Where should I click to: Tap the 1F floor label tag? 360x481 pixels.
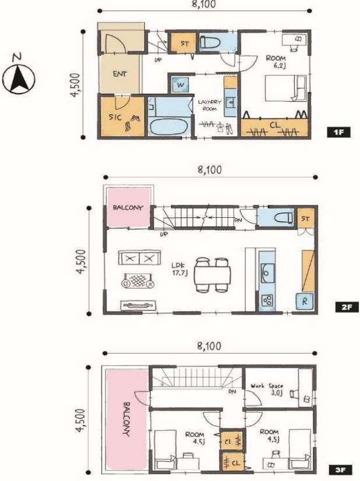click(338, 133)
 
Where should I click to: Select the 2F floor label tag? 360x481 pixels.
click(347, 307)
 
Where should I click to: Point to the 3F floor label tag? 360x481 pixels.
click(340, 470)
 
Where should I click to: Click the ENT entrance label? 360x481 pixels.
click(119, 74)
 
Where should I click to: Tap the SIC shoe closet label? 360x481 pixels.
click(115, 117)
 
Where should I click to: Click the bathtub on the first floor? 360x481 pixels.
click(168, 127)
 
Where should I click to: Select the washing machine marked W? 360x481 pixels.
click(181, 84)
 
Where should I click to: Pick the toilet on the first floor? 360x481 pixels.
click(210, 42)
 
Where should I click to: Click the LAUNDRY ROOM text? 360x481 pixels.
click(209, 105)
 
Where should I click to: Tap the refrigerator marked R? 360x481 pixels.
click(304, 301)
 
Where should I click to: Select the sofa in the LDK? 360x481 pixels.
click(139, 258)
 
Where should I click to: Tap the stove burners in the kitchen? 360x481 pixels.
click(267, 300)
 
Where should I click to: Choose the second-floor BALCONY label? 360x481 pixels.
click(128, 208)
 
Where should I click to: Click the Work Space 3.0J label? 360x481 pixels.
click(267, 389)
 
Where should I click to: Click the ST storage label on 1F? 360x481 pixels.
click(185, 44)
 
